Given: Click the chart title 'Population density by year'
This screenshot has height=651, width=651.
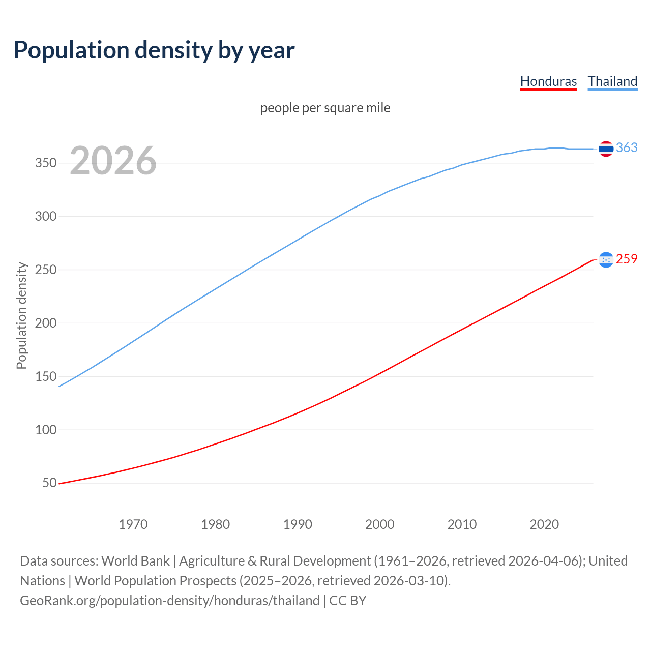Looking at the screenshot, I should pyautogui.click(x=154, y=50).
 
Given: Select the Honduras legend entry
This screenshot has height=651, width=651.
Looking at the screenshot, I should pyautogui.click(x=548, y=81).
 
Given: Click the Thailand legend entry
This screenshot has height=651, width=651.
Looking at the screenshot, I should pyautogui.click(x=612, y=81).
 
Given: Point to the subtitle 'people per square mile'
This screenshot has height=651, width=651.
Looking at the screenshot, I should pyautogui.click(x=325, y=108).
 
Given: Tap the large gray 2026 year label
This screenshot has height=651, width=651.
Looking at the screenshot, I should pyautogui.click(x=113, y=161).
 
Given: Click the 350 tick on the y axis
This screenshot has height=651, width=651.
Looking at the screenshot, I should pyautogui.click(x=45, y=163).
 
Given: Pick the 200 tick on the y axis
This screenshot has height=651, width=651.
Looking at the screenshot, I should pyautogui.click(x=45, y=323).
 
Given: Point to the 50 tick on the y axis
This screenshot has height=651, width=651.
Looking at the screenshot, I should pyautogui.click(x=49, y=483).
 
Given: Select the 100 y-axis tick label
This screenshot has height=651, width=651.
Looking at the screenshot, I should pyautogui.click(x=45, y=430).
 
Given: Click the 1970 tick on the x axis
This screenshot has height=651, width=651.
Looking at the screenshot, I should pyautogui.click(x=133, y=524).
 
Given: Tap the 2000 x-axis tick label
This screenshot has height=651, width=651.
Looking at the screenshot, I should pyautogui.click(x=380, y=524).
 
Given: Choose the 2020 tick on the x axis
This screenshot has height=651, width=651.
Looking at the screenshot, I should pyautogui.click(x=544, y=524).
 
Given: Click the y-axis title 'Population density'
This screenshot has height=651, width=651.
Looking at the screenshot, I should pyautogui.click(x=21, y=315).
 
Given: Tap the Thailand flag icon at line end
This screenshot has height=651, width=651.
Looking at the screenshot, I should pyautogui.click(x=606, y=149).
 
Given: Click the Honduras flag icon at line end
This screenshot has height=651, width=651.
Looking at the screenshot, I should pyautogui.click(x=606, y=260).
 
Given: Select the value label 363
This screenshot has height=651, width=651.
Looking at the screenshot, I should pyautogui.click(x=627, y=147).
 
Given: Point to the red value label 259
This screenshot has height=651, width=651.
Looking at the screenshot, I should pyautogui.click(x=627, y=259).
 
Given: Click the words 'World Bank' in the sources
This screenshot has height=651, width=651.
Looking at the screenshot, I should pyautogui.click(x=135, y=561).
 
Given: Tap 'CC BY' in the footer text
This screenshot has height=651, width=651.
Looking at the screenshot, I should pyautogui.click(x=348, y=601).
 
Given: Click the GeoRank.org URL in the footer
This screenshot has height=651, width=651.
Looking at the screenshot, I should pyautogui.click(x=169, y=601).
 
